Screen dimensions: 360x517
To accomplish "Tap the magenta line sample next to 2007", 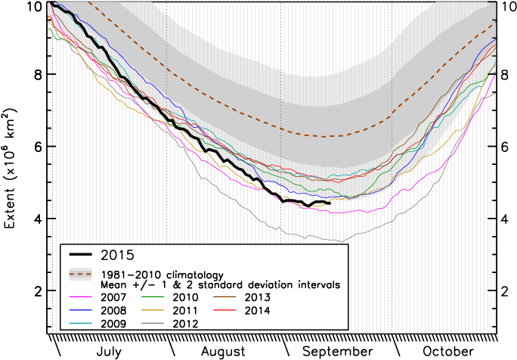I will click(x=81, y=297).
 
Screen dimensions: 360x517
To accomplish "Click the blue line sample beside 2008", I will click(x=81, y=310).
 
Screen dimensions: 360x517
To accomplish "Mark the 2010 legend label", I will click(x=187, y=297).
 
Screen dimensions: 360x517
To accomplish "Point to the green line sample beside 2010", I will click(x=153, y=297).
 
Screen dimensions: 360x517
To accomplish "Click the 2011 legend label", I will click(x=187, y=310).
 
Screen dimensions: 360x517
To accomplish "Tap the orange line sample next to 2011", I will click(x=153, y=310).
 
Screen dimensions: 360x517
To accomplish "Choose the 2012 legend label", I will click(x=187, y=323).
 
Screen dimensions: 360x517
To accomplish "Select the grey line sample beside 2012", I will click(x=153, y=323).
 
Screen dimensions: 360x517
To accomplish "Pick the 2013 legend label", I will click(x=258, y=297).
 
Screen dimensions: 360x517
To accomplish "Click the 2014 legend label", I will click(x=258, y=310).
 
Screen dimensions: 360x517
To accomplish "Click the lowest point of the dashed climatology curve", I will click(x=333, y=137).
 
